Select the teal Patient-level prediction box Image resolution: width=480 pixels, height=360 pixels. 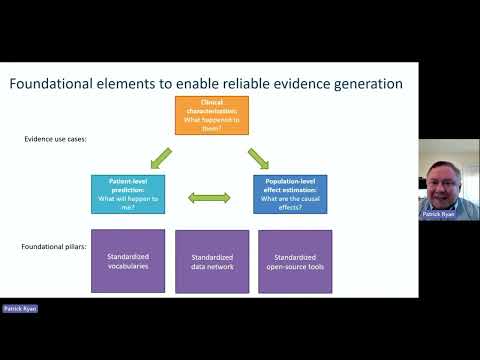click(128, 192)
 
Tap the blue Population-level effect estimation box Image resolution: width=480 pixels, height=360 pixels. click(290, 192)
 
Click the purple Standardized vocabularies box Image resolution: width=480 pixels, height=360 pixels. click(128, 261)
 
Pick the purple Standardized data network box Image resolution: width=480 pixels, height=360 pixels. click(212, 261)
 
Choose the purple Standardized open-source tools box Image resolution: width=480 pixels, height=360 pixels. click(295, 261)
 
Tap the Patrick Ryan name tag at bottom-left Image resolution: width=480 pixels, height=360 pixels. click(19, 309)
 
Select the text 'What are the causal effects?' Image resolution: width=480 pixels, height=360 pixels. click(290, 203)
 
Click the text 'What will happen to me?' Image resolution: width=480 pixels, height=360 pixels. click(128, 203)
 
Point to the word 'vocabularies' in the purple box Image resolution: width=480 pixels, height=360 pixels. click(128, 267)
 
